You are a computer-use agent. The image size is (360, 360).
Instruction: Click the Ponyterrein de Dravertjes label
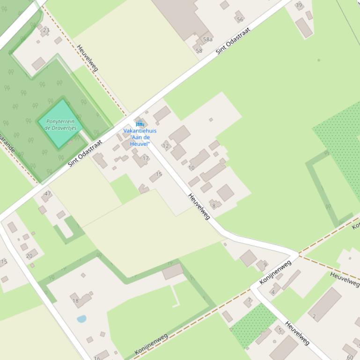[x=61, y=125]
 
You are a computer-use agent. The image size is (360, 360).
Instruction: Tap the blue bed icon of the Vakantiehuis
[x=140, y=124]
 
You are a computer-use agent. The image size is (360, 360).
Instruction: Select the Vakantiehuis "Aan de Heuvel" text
[x=140, y=137]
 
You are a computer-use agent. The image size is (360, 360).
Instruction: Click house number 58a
[x=207, y=40]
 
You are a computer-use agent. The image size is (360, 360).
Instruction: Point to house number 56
[x=240, y=20]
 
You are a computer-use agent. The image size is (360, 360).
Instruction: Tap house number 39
[x=299, y=5]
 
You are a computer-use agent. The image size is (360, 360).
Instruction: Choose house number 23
[x=46, y=30]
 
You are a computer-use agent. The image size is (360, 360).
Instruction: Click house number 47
[x=48, y=194]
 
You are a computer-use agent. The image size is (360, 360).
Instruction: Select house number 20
[x=29, y=256]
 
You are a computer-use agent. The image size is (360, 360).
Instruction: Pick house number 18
[x=76, y=301]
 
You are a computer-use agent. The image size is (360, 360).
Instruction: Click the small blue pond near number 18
[x=81, y=319]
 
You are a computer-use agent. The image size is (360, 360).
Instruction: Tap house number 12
[x=165, y=146]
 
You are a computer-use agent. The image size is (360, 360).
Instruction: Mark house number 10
[x=191, y=168]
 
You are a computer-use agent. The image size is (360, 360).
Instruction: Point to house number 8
[x=214, y=206]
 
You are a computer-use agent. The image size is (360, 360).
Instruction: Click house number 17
[x=146, y=158]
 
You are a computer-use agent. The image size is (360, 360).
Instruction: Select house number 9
[x=265, y=265]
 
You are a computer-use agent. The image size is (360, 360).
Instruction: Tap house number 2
[x=314, y=317]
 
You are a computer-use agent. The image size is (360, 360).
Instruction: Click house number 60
[x=350, y=357]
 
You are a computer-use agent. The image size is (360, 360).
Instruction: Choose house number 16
[x=97, y=358]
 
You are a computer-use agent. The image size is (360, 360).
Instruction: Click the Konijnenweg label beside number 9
[x=275, y=272]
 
